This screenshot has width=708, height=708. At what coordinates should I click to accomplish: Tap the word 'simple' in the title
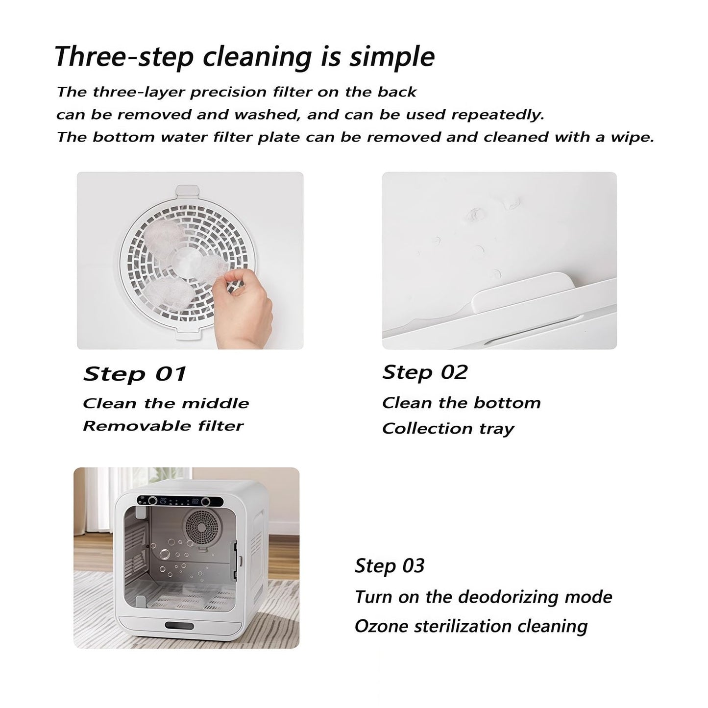tap(391, 57)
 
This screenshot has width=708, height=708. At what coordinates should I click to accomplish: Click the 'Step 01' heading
tap(135, 374)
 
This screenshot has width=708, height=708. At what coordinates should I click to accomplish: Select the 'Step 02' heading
tap(425, 372)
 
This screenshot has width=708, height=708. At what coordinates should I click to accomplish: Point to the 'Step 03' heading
tap(390, 566)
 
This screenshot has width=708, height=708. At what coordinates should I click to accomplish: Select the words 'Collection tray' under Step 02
tap(448, 429)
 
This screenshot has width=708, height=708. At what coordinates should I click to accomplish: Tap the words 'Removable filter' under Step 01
tap(163, 426)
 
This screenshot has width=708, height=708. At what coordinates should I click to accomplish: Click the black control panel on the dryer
tap(180, 501)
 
